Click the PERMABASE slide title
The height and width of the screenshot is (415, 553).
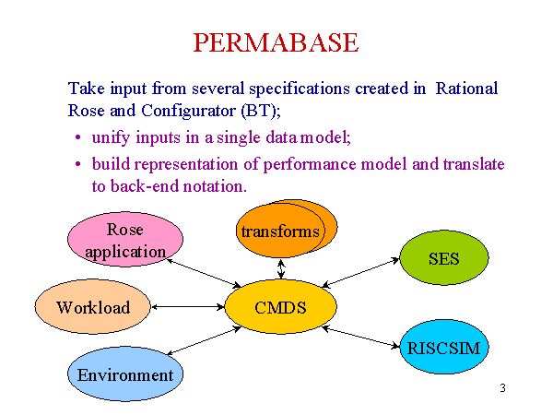point(276,42)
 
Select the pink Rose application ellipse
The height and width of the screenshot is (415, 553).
point(125,239)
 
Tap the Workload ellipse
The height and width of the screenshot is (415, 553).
point(93,307)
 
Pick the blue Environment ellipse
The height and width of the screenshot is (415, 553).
point(125,374)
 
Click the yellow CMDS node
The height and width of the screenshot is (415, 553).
point(281,307)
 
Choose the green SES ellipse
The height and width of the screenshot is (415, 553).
point(444,258)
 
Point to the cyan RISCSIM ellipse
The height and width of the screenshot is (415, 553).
point(444,347)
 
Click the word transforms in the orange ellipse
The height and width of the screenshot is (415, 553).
point(280,231)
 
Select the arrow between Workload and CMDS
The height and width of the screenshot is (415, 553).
point(188,307)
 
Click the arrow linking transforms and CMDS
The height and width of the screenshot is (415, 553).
point(281,269)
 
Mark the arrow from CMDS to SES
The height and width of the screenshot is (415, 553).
point(360,272)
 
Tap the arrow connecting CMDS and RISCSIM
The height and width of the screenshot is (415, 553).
point(361,337)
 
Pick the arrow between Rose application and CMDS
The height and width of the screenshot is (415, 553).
point(204,273)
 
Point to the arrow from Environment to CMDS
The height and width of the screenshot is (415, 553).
point(204,340)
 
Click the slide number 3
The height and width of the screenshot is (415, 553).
point(502,388)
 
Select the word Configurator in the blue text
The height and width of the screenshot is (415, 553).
point(188,112)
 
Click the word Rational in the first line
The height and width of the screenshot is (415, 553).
point(466,89)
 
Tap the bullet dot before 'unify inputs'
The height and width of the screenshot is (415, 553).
point(78,137)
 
